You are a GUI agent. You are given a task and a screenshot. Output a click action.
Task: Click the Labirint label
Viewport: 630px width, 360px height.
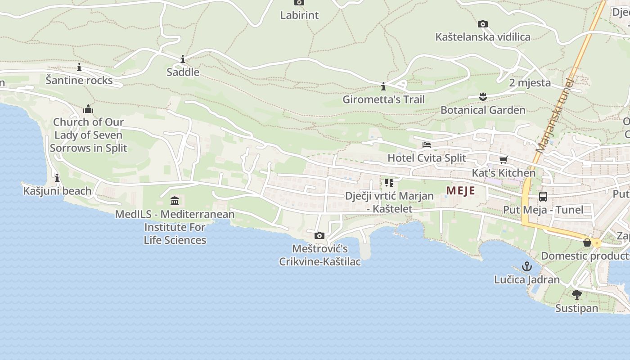[x=299, y=15]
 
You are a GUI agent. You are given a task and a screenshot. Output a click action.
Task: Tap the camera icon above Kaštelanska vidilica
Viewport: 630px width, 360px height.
[x=483, y=24]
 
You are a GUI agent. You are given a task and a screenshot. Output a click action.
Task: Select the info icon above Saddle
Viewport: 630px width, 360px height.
[x=183, y=59]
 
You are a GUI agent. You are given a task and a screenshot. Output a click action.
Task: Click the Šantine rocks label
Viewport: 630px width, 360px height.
[x=79, y=80]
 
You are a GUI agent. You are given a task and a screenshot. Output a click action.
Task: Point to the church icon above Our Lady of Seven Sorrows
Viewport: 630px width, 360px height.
[x=88, y=109]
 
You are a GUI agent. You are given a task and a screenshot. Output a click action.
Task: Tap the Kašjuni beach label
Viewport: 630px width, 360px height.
[x=57, y=191]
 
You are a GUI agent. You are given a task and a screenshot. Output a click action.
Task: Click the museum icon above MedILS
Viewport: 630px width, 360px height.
[x=175, y=201]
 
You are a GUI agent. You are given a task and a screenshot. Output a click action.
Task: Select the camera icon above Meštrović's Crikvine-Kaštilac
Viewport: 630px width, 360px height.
[x=319, y=235]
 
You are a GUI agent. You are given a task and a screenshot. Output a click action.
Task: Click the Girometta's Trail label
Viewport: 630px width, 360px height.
[x=383, y=99]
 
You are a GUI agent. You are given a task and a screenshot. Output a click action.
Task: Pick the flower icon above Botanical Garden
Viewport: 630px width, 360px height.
[x=483, y=96]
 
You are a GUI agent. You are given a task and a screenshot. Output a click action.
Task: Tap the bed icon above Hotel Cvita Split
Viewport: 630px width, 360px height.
[x=427, y=145]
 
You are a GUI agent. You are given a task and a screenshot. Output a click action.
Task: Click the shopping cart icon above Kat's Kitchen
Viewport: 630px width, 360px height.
[x=504, y=160]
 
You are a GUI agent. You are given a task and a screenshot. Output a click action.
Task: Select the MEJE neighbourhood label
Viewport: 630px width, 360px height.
[x=460, y=191]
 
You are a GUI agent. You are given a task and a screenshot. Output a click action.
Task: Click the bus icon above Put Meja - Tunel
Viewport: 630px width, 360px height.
[x=543, y=197]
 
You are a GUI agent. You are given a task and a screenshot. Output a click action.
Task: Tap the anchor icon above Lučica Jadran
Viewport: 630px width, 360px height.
[x=527, y=266]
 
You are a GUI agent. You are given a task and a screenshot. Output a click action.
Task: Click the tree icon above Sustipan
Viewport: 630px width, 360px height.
[x=577, y=295]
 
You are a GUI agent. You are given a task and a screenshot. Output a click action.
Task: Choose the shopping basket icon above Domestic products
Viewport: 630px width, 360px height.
[x=587, y=243]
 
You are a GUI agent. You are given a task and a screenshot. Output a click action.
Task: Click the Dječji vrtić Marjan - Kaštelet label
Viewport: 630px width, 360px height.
[x=389, y=202]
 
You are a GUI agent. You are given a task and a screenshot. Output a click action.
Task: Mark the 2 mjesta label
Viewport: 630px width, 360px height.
[x=530, y=83]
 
